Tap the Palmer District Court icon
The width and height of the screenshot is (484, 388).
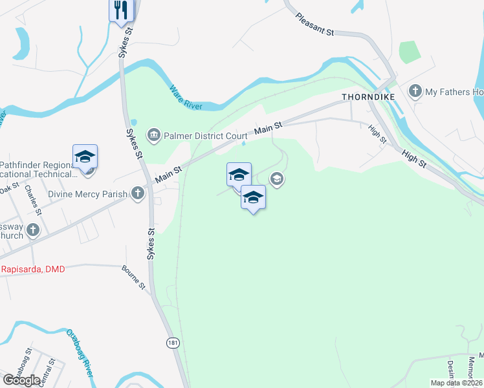click(154, 135)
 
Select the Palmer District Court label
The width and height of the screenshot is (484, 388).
click(205, 136)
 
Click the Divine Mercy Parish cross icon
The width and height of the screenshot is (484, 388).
click(137, 193)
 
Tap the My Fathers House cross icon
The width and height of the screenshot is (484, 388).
click(415, 92)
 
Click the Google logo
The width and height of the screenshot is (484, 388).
click(21, 380)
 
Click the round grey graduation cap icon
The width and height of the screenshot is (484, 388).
click(277, 179)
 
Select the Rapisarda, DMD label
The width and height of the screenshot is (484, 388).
click(32, 269)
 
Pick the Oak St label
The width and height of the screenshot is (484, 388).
click(9, 188)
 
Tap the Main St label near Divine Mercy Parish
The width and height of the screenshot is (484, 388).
click(167, 174)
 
